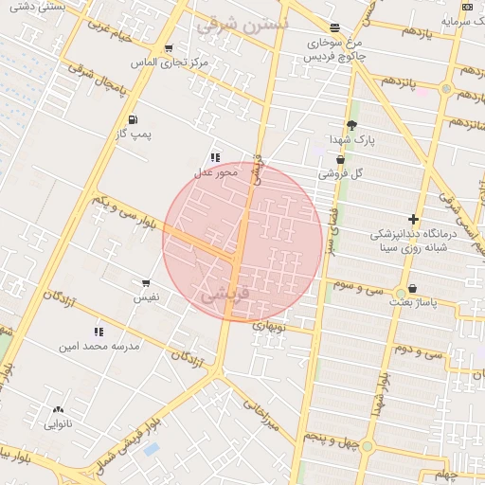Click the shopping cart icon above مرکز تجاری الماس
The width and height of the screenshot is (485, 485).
169,49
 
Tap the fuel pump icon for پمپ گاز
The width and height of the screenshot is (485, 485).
131,119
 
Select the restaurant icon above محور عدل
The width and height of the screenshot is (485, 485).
216,157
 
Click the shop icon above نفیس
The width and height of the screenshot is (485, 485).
146,282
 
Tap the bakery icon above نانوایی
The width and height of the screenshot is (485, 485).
59,410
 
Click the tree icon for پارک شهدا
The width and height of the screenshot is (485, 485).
352,125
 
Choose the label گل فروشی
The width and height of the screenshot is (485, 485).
341,174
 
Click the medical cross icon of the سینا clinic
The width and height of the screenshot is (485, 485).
413,219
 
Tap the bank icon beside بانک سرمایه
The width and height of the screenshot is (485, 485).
469,7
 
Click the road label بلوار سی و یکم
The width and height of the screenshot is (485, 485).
126,213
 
